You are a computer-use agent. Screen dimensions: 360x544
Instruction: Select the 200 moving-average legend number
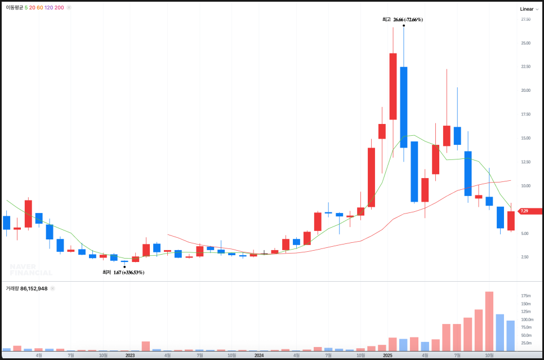pos(59,7)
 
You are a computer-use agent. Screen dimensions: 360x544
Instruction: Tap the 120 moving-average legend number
pos(48,7)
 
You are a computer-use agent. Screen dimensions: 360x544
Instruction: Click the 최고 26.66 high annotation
pos(403,20)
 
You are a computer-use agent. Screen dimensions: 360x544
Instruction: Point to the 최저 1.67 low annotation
pos(123,273)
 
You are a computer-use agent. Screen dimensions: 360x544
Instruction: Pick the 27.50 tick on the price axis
pos(526,20)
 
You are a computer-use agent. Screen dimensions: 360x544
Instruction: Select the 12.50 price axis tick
pos(526,162)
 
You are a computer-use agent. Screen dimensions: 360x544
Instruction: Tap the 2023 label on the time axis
pos(130,355)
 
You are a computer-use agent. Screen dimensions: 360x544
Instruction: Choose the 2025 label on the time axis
pos(387,355)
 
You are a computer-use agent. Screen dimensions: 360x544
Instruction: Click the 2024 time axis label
pos(259,355)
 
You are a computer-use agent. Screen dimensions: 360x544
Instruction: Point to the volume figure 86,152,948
pos(35,288)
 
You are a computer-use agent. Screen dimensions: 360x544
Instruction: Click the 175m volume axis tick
pos(526,296)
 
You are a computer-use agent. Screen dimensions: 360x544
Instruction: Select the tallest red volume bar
pos(489,321)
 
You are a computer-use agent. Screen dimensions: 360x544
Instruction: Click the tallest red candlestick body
pos(393,86)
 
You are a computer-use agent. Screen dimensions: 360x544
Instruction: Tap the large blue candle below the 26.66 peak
pos(404,107)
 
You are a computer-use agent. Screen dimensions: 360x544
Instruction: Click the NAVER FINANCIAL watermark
pos(31,269)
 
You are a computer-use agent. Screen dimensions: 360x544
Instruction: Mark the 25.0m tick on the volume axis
pos(526,343)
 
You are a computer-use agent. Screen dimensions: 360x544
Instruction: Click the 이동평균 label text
pos(14,7)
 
